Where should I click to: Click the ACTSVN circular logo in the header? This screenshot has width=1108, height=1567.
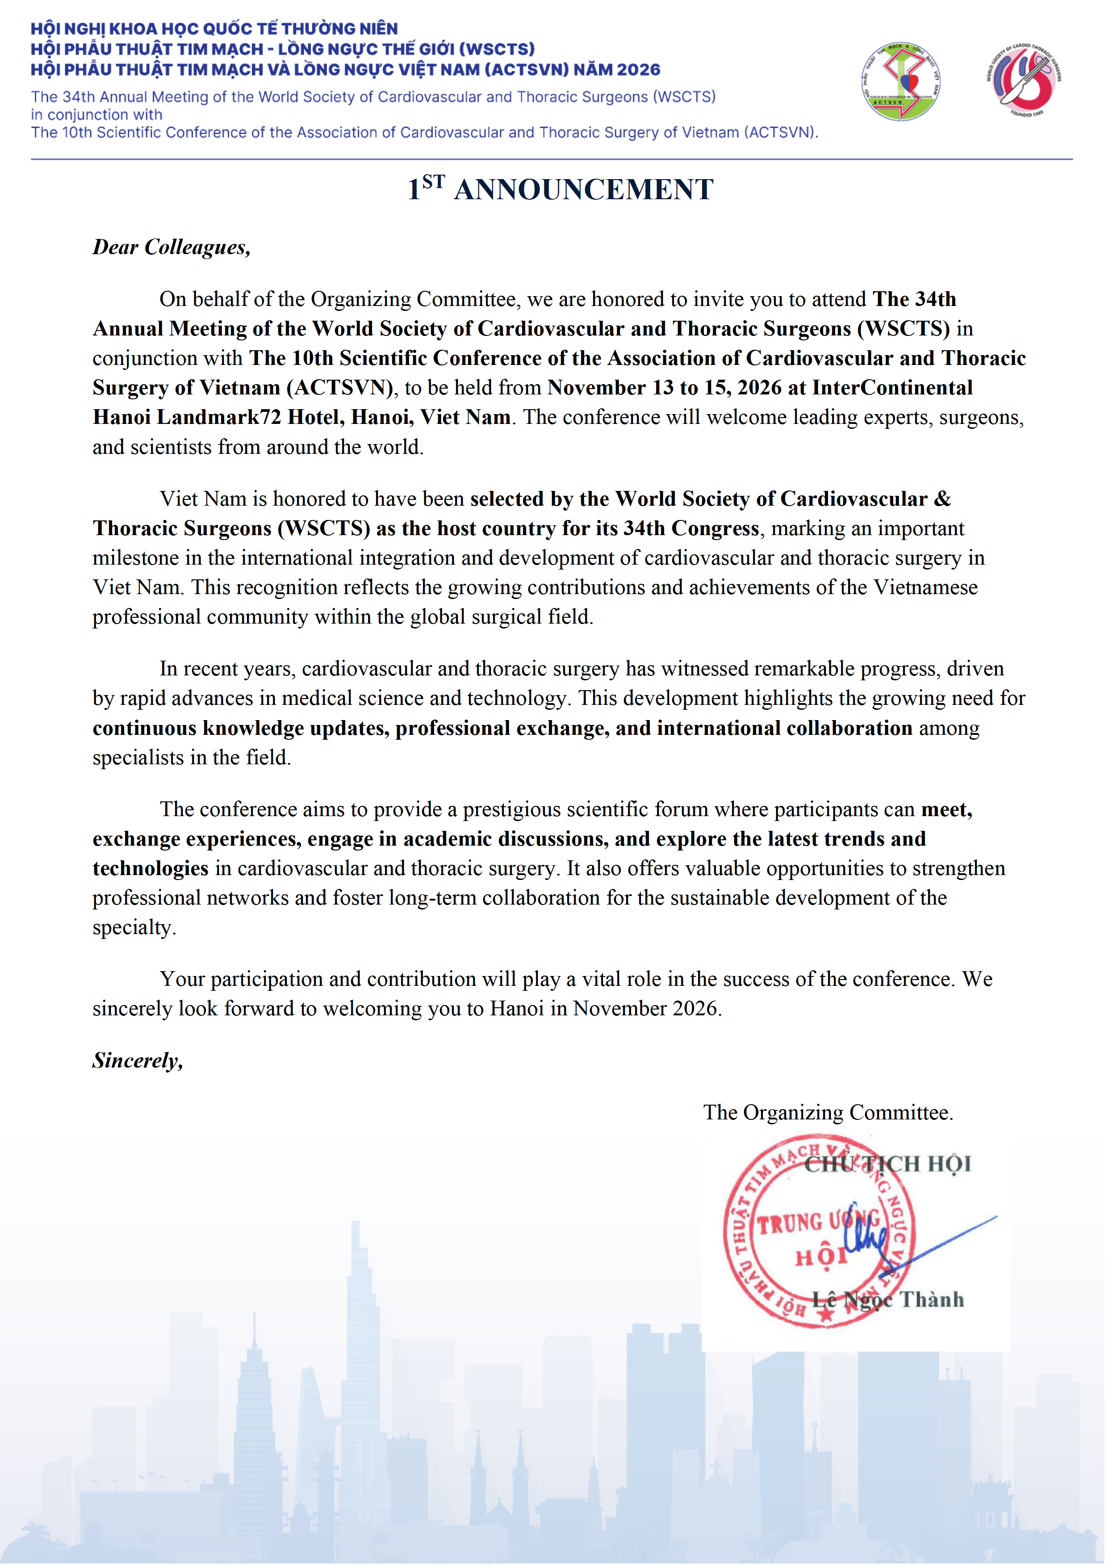901,82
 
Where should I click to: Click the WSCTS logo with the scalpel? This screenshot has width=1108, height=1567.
1024,80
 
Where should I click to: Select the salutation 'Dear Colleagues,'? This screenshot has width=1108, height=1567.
171,247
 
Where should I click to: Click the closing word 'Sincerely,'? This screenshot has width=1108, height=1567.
138,1060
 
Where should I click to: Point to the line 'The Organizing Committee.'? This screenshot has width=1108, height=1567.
828,1112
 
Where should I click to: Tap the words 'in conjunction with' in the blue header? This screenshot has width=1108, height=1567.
96,115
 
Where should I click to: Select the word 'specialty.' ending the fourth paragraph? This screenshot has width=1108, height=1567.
134,927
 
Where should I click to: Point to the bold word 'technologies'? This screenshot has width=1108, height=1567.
150,868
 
